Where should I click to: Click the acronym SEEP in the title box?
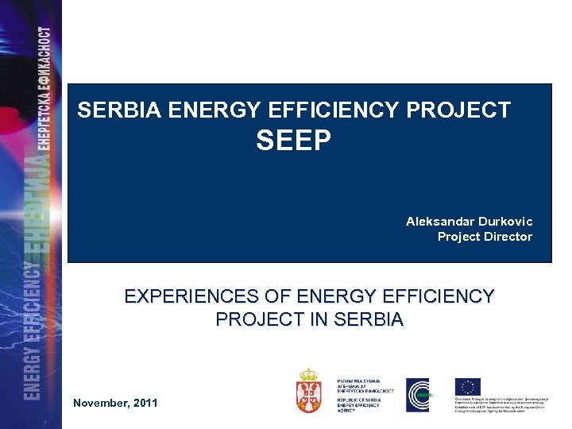(293, 141)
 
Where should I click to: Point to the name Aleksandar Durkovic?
(469, 221)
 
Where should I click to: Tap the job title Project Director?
(485, 237)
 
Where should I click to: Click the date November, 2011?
(115, 403)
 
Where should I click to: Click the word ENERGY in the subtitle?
(330, 297)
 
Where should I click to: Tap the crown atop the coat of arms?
(309, 374)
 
